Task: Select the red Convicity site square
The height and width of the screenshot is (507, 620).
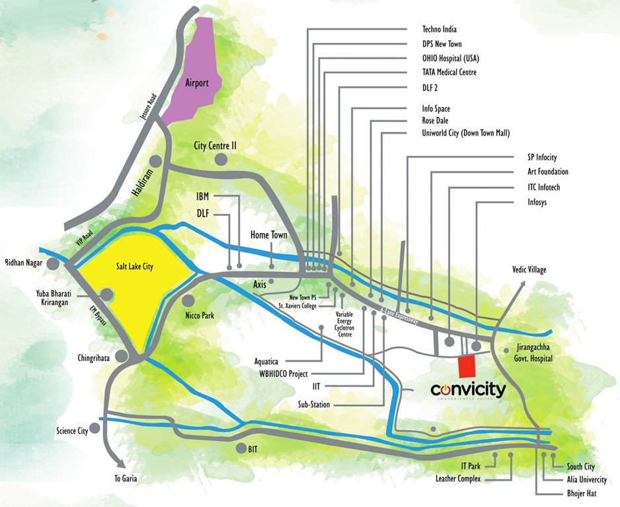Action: point(467,366)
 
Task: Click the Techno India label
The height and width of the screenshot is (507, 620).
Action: point(449,30)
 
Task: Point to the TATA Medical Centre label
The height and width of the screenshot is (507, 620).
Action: point(449,72)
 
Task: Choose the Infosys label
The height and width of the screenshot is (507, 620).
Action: point(533,201)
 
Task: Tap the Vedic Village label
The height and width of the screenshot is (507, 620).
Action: point(529,270)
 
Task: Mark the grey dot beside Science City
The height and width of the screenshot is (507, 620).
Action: point(95,428)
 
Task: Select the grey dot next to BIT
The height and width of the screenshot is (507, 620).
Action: point(239,448)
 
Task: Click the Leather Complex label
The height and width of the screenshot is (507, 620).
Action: point(458,479)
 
